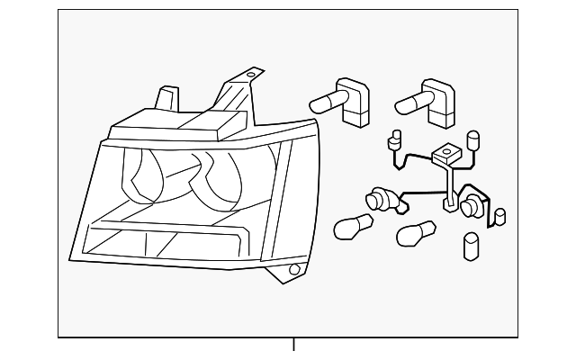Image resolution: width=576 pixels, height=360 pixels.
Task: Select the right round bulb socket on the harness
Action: click(x=471, y=208)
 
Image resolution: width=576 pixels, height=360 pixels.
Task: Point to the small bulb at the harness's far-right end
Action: click(x=500, y=217)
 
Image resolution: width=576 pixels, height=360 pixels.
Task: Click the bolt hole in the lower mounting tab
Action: click(x=293, y=269)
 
